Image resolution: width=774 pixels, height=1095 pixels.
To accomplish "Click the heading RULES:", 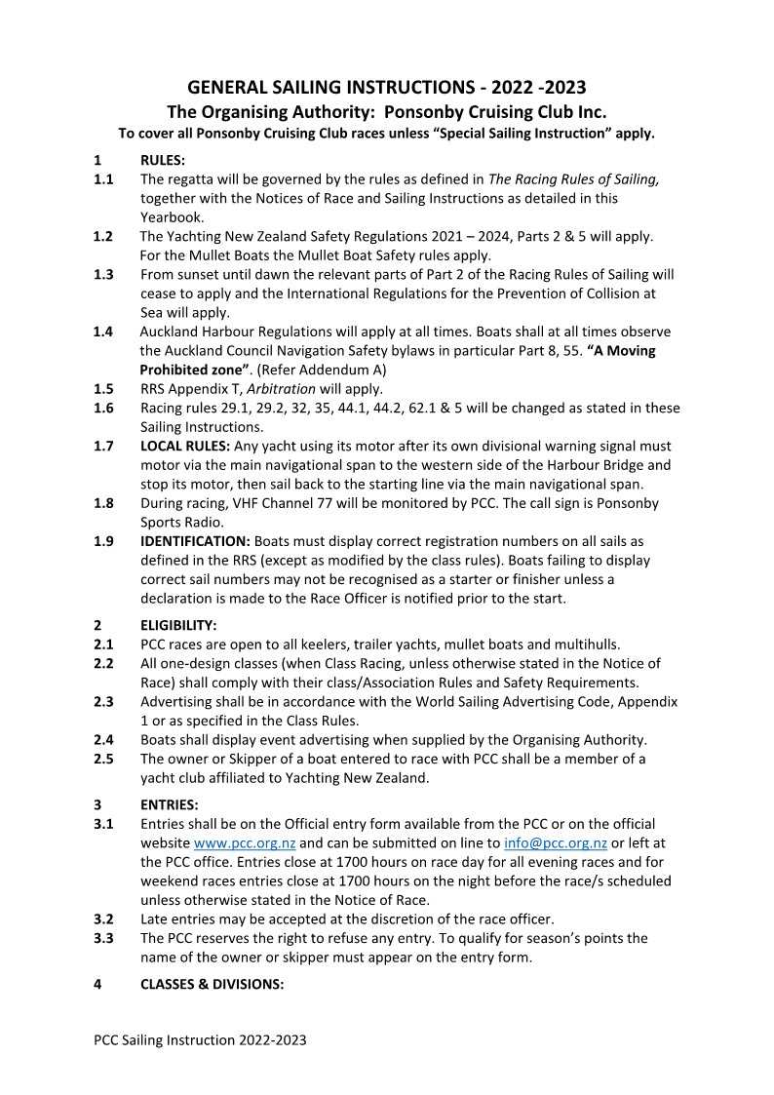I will (x=163, y=161).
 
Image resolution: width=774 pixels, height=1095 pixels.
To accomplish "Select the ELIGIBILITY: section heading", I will (x=178, y=625).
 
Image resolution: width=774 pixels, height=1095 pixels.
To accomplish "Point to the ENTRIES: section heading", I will (x=170, y=805).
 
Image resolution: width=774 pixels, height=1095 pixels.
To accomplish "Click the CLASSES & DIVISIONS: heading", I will (x=212, y=985).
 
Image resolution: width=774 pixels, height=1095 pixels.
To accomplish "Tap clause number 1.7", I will (x=103, y=446).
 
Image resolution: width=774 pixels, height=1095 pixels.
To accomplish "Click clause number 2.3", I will (x=103, y=702).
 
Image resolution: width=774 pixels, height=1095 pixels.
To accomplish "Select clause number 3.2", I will (x=103, y=919).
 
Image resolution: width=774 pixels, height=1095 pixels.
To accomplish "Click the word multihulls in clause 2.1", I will (x=585, y=645).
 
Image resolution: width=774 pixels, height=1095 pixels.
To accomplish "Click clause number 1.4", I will (x=103, y=332).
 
